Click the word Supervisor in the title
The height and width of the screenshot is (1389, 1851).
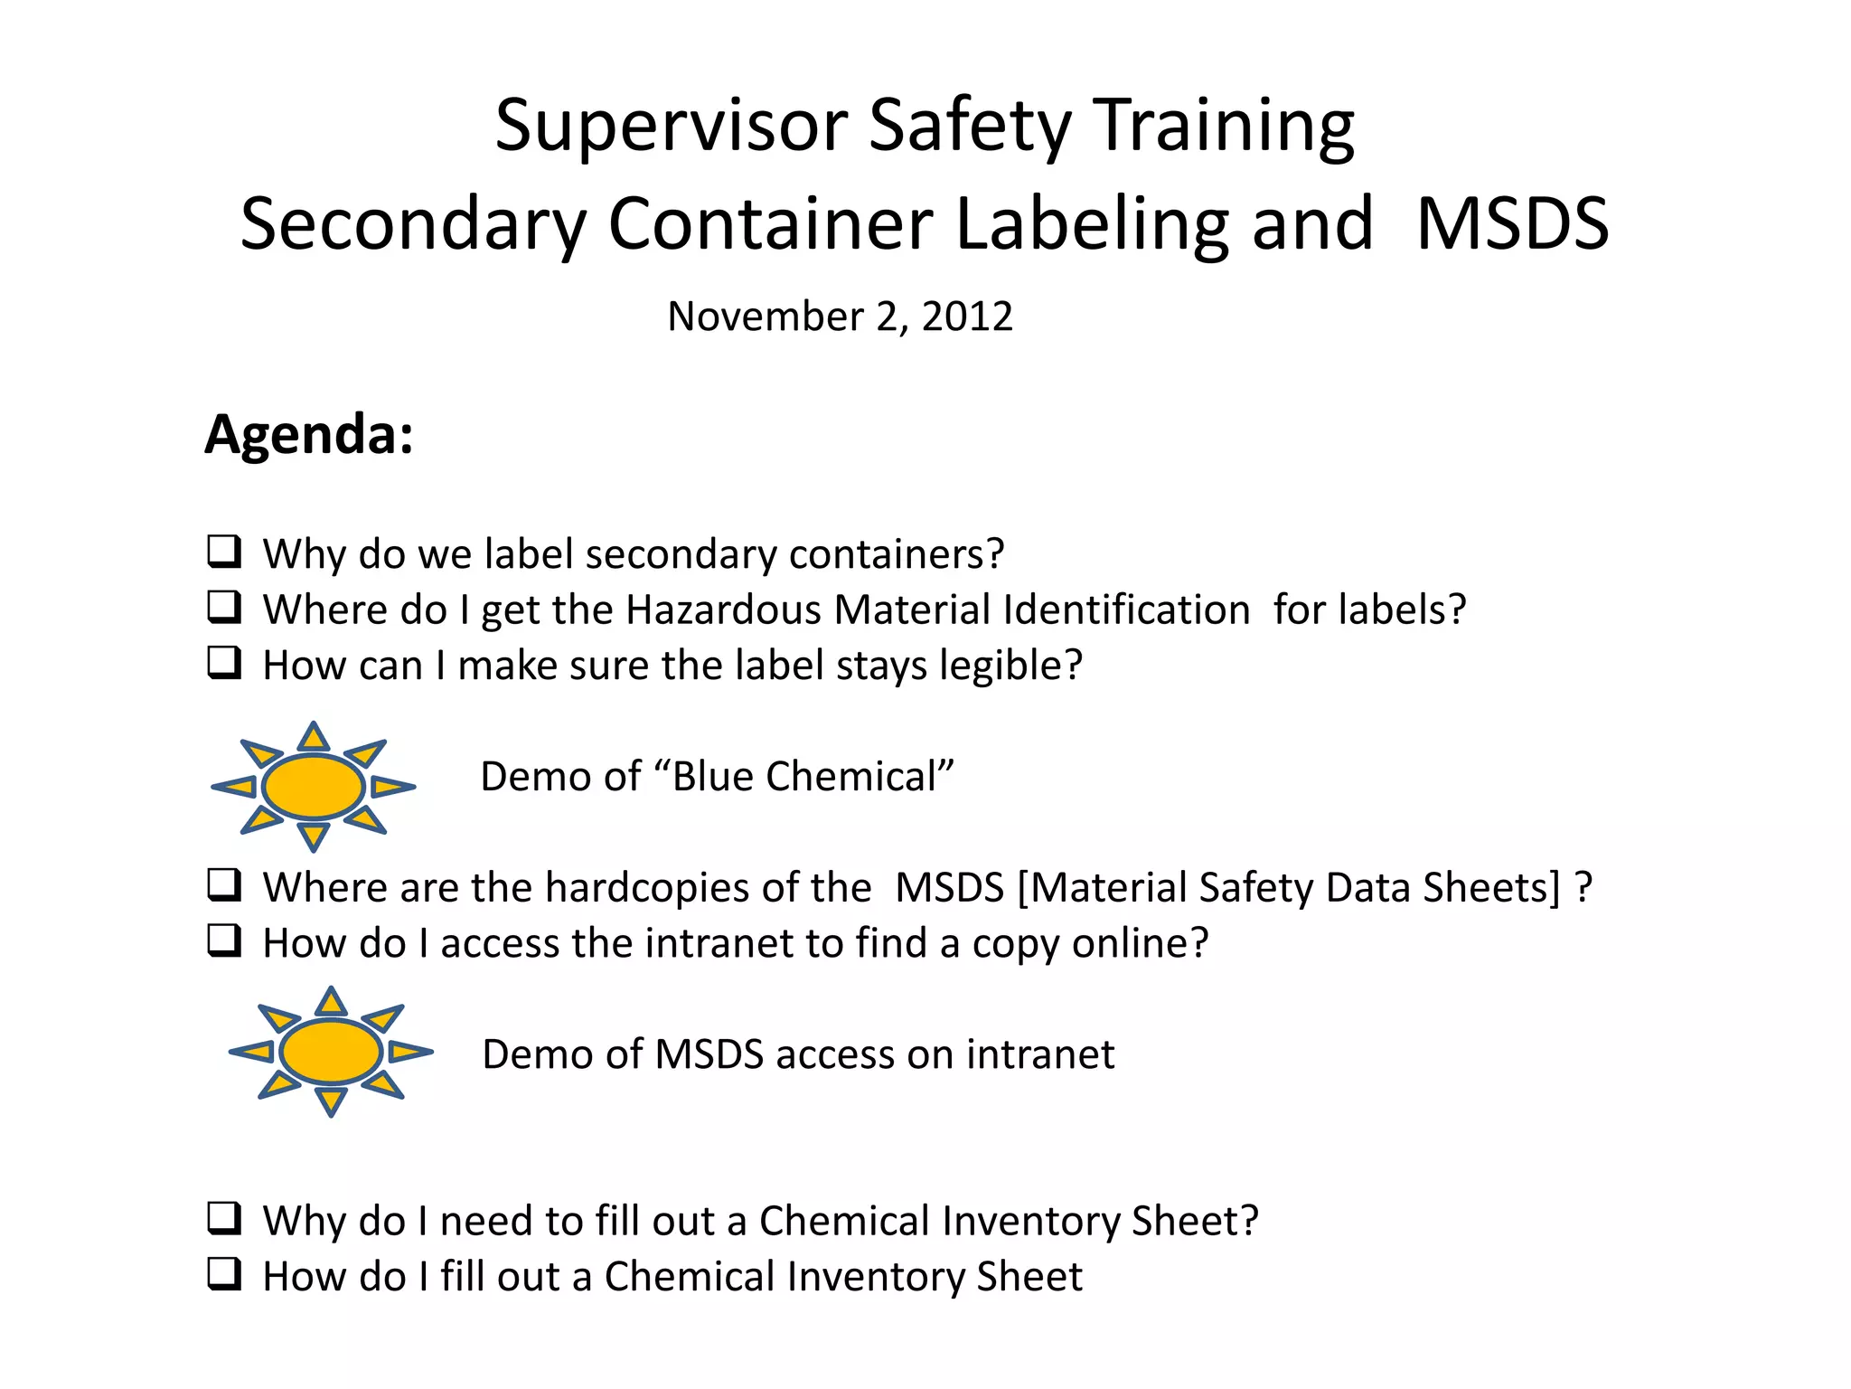point(672,126)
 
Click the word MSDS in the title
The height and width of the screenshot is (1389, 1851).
point(1512,224)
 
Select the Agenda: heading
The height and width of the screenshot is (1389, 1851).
point(309,435)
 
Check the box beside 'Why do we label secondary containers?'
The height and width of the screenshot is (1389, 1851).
point(224,552)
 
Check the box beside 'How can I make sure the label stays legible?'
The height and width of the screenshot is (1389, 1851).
point(224,663)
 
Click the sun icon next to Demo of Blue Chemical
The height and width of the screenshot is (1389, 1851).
point(313,787)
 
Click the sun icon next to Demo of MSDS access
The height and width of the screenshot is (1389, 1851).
point(331,1052)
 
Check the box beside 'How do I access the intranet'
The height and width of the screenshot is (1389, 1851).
point(224,940)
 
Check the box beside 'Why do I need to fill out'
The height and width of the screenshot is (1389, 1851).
point(224,1218)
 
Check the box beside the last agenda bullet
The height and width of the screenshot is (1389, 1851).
point(224,1274)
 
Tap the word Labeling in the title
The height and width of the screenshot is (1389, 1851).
point(1091,224)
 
